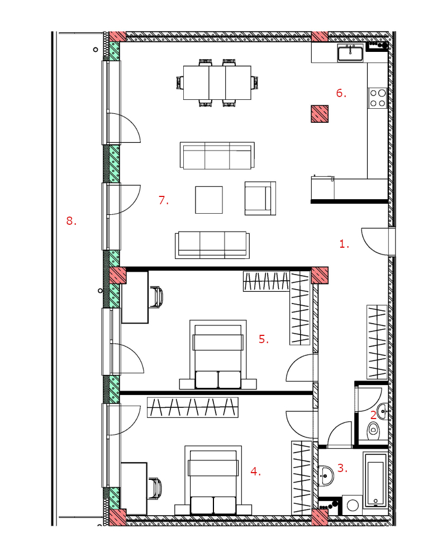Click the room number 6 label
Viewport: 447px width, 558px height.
[x=341, y=93]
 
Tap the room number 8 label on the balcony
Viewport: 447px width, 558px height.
[x=72, y=221]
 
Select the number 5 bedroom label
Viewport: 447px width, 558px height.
[x=263, y=339]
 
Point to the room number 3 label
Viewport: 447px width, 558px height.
[x=342, y=468]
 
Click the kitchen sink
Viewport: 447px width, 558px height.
[x=350, y=54]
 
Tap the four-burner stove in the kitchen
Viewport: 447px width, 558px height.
[x=378, y=98]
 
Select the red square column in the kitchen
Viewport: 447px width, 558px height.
[x=320, y=114]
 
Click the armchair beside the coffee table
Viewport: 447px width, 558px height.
[x=260, y=198]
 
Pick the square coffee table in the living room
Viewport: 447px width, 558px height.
[x=209, y=200]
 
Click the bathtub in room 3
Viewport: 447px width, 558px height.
[x=375, y=480]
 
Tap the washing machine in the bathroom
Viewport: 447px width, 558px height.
[x=352, y=506]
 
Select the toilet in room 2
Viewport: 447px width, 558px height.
[x=373, y=431]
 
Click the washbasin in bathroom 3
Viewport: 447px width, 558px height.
[x=326, y=475]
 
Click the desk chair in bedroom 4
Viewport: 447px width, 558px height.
[x=155, y=488]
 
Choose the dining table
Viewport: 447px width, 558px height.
[x=217, y=83]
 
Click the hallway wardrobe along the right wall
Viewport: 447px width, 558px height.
[x=377, y=342]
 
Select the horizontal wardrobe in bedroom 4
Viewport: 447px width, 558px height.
[x=193, y=407]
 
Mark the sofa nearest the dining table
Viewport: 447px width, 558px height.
[x=217, y=156]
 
